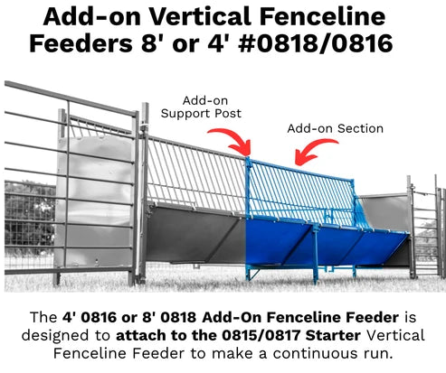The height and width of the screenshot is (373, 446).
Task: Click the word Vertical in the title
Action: (200, 16)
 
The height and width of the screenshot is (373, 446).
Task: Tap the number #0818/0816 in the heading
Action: (315, 43)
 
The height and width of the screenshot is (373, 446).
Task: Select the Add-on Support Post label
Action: (201, 107)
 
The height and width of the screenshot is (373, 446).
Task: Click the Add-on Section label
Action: (336, 128)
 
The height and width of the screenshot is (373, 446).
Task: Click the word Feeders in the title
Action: (81, 44)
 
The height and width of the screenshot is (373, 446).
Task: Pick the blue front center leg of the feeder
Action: (316, 255)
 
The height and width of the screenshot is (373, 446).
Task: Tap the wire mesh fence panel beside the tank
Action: (30, 224)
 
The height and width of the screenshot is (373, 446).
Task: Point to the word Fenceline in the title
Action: (322, 16)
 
